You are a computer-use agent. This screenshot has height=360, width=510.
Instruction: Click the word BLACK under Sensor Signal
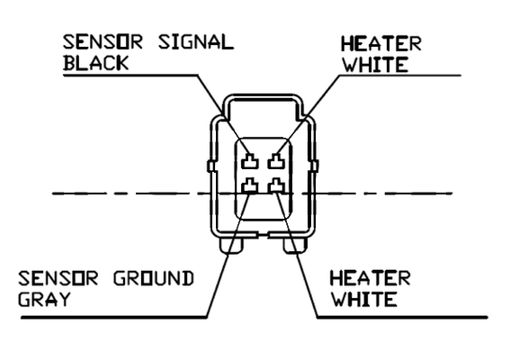tap(96, 63)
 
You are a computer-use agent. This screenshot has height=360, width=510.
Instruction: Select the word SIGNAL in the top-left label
tap(196, 42)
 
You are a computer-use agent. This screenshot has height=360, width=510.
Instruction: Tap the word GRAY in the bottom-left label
tap(44, 299)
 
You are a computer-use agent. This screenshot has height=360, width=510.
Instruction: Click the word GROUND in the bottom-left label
tap(154, 279)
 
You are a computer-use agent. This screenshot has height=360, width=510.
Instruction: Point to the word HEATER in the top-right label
tap(380, 43)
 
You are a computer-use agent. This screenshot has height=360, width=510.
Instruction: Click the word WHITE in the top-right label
tap(376, 65)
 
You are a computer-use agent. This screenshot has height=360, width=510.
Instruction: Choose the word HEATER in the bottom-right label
tap(371, 278)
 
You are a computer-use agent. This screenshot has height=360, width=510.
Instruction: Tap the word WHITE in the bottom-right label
tap(364, 300)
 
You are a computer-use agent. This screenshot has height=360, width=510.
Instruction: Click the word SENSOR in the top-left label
tap(103, 42)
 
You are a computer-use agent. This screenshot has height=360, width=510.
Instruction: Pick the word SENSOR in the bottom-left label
tap(58, 279)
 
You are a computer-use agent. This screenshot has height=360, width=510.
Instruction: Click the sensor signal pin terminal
tap(250, 161)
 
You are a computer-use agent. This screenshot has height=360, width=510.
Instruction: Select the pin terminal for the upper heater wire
tap(276, 161)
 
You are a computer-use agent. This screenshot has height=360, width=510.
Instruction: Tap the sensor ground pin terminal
tap(250, 185)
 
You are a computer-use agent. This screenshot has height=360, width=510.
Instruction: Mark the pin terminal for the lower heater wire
tap(276, 185)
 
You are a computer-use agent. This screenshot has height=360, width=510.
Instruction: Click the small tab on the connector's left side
tap(210, 166)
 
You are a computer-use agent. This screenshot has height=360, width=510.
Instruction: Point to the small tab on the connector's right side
tap(315, 166)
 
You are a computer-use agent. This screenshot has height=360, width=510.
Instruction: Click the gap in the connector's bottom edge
tap(263, 235)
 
